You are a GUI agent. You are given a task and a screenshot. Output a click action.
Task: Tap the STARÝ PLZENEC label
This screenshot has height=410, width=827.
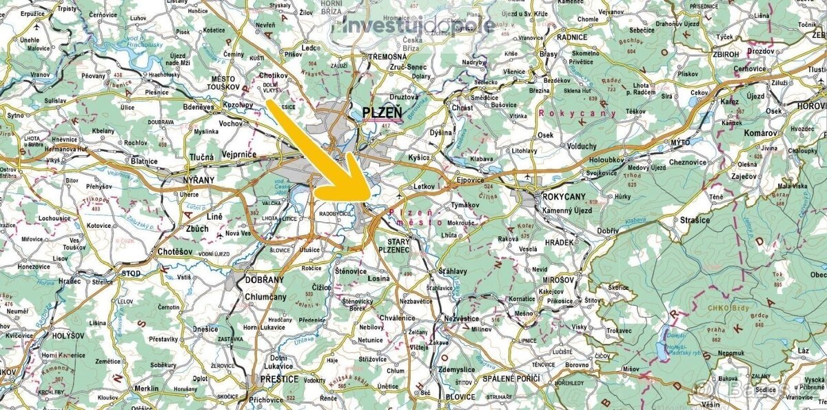(x=398, y=245)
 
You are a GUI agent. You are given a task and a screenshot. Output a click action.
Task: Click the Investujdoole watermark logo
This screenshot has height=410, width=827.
(x=418, y=26)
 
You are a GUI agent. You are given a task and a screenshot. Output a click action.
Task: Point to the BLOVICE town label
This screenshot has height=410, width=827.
(x=460, y=397)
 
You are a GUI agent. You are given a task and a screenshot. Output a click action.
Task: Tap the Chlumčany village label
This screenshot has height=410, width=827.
(x=265, y=297)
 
